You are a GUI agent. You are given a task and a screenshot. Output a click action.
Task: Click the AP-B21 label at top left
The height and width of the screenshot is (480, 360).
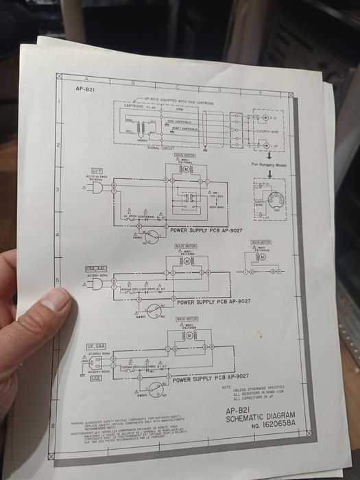85,89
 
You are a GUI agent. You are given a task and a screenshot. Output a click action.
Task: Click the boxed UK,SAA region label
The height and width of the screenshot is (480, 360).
95,347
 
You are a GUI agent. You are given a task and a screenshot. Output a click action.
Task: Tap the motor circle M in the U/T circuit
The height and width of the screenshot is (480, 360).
184,169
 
